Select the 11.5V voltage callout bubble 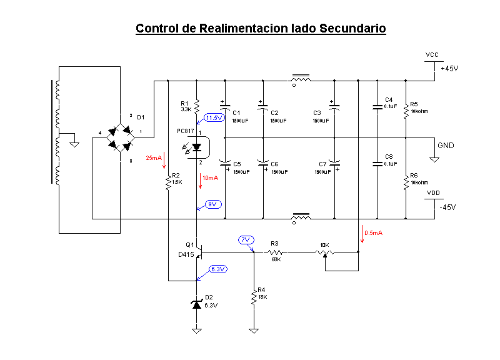click(214, 117)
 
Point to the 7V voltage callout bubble click(246, 239)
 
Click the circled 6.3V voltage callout click(218, 269)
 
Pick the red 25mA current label click(154, 157)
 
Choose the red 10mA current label click(211, 177)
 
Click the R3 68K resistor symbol click(276, 252)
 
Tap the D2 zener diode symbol click(197, 304)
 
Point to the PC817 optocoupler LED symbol click(197, 147)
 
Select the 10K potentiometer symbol click(324, 252)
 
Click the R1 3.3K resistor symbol click(197, 106)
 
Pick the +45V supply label click(449, 69)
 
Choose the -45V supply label click(449, 207)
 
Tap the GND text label click(446, 145)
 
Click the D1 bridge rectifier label click(141, 117)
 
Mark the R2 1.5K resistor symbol click(168, 182)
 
